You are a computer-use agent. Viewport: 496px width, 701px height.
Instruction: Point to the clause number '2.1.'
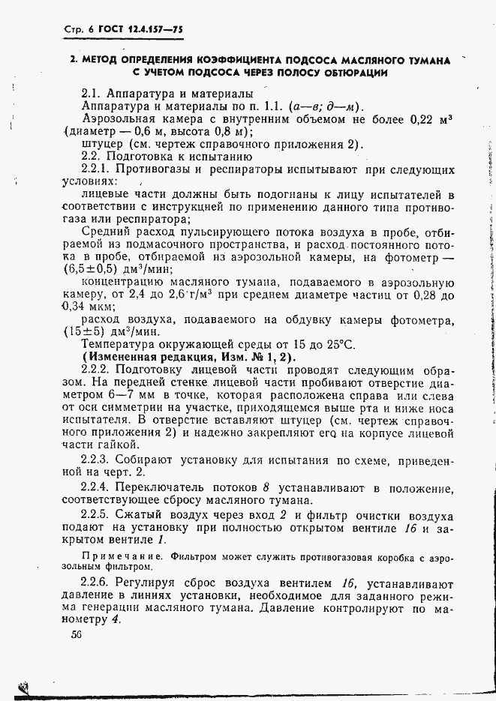(x=94, y=94)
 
